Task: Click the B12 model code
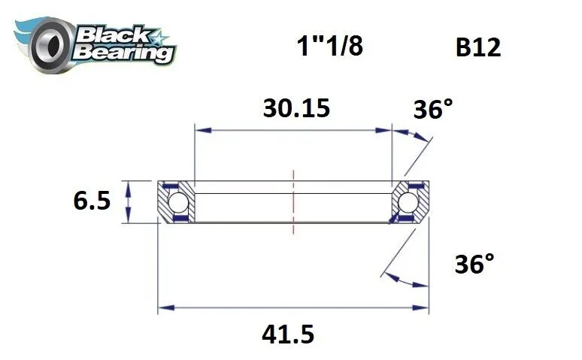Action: click(x=478, y=48)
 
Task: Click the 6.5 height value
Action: click(x=92, y=201)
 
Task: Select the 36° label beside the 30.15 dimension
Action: click(x=434, y=110)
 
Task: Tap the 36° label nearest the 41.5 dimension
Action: click(x=474, y=265)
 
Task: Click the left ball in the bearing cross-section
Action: click(x=177, y=202)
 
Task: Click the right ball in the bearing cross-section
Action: click(x=408, y=202)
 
